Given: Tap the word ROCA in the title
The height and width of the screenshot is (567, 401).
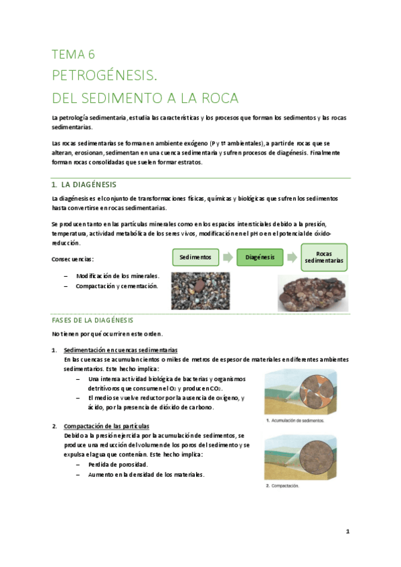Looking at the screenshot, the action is [217, 98].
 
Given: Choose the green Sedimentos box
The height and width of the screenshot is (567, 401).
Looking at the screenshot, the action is [195, 257].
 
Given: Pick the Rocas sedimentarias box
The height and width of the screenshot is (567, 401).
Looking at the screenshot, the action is [324, 257].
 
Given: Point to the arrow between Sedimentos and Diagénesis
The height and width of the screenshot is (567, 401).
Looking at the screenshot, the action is [227, 257].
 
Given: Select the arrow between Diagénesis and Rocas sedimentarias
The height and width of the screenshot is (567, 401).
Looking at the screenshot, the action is [291, 257].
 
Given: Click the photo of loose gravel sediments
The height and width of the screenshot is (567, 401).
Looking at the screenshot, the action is [200, 290].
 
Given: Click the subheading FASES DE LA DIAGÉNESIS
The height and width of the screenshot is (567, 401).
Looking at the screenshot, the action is [92, 320].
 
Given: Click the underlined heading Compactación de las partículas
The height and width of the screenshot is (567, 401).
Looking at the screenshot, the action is [106, 426].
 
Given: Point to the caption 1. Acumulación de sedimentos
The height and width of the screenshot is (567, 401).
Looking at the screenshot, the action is [295, 421].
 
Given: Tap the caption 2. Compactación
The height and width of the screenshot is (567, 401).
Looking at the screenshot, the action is [283, 486].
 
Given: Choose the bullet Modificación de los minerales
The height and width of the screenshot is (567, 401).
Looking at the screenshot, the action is [117, 275].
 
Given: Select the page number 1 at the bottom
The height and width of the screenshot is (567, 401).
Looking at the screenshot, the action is [348, 532].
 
